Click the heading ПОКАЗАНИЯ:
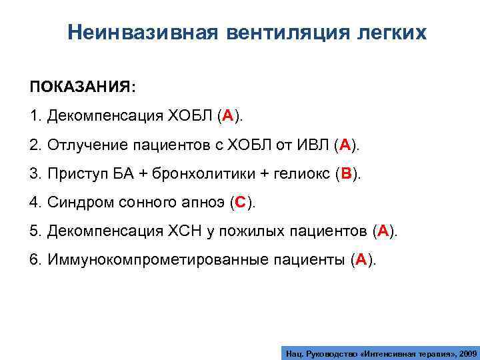(x=82, y=88)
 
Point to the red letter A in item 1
(x=227, y=117)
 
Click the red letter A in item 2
(x=344, y=145)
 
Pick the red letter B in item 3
(x=346, y=174)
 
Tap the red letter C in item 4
(x=241, y=203)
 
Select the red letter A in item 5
(x=383, y=231)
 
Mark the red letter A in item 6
(x=361, y=260)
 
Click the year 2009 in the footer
(x=463, y=351)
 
